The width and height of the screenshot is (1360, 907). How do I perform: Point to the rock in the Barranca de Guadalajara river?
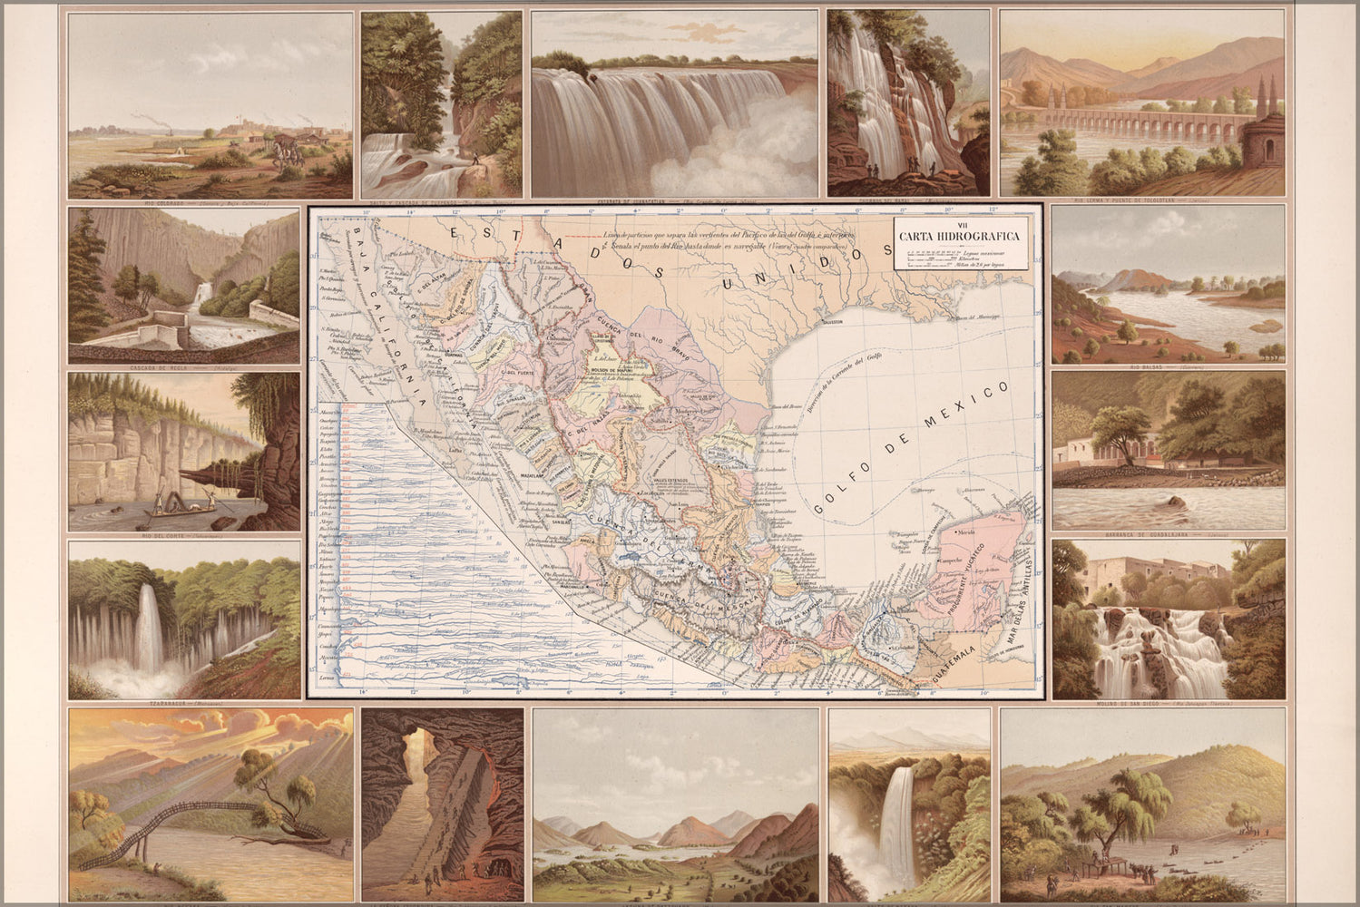(x=1177, y=501)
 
